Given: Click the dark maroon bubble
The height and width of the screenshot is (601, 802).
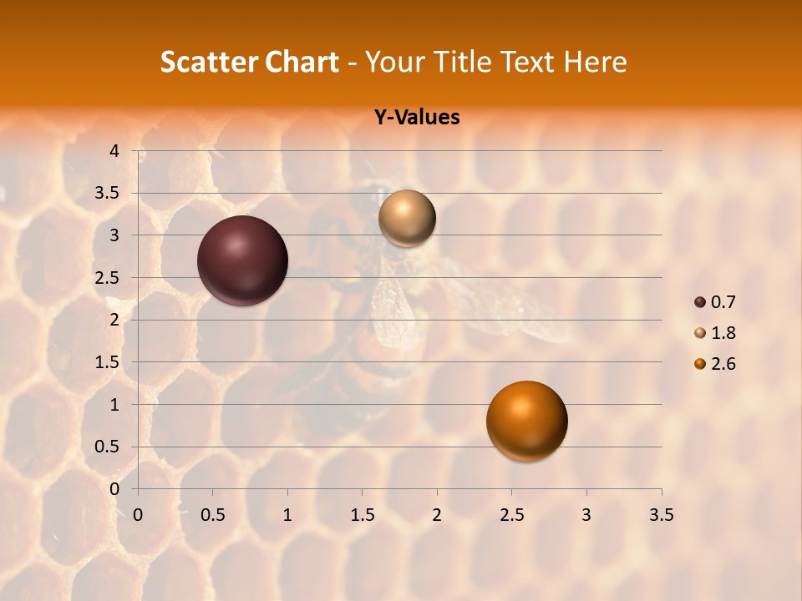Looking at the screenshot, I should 242,260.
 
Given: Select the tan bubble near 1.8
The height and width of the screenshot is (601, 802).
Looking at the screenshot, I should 407,219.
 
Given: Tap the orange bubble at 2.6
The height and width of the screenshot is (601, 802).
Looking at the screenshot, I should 526,421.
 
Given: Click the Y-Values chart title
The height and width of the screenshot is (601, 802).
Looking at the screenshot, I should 416,118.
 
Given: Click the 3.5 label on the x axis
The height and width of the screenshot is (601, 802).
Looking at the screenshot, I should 661,515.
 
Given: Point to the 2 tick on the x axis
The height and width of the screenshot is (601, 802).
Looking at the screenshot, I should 437,515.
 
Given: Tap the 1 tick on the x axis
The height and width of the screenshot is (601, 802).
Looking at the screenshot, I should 287,515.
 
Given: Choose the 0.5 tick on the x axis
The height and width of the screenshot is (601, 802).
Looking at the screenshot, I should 213,515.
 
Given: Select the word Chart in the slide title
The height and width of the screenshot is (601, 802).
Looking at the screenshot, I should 302,62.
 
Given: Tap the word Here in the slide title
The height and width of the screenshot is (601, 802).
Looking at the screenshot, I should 596,62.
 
